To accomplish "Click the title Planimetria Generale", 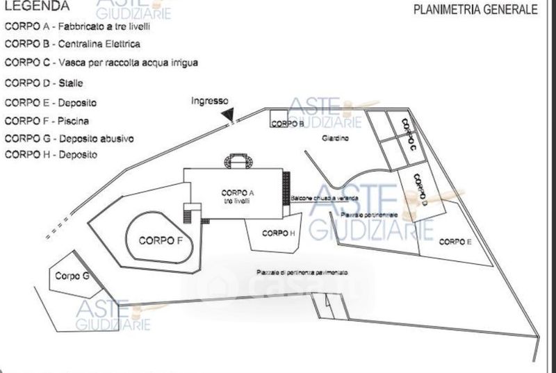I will click(x=475, y=10).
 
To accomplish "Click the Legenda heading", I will click(x=37, y=6).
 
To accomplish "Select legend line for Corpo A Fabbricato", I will click(x=78, y=27).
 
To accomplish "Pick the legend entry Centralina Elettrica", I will click(x=72, y=44).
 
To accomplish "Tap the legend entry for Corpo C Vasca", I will click(x=101, y=63).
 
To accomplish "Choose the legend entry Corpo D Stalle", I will click(x=44, y=83).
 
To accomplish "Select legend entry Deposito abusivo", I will click(x=69, y=138).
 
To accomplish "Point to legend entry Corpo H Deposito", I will click(x=51, y=155).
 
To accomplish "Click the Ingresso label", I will click(x=210, y=101).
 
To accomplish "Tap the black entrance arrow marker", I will click(x=229, y=114).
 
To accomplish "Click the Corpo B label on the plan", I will click(x=287, y=124).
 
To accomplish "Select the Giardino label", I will click(x=335, y=139).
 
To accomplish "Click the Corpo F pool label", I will click(x=161, y=241).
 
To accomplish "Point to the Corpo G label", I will click(x=72, y=276).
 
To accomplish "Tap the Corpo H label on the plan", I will click(x=276, y=233).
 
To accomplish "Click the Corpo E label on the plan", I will click(x=455, y=242).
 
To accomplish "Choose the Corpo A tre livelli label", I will click(x=237, y=197).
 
